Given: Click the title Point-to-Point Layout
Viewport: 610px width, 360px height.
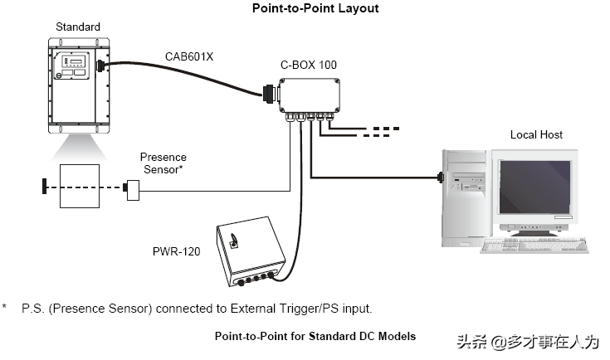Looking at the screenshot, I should [305, 8].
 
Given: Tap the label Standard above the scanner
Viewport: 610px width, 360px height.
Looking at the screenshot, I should [77, 27].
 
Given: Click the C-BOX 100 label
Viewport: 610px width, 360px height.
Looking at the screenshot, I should [308, 65].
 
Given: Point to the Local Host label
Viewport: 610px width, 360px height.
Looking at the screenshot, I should [536, 134].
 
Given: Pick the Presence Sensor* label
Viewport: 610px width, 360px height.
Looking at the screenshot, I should [163, 163].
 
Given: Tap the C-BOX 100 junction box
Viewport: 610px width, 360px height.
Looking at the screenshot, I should [310, 95].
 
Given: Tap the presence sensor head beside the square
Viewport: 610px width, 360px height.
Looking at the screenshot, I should [131, 190].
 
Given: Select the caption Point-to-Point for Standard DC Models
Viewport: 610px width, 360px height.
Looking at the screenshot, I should [315, 336].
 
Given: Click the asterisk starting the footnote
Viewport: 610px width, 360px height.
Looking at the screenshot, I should [5, 309].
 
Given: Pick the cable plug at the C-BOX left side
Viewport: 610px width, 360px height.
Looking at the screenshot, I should [271, 95].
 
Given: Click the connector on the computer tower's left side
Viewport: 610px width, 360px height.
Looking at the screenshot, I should [442, 177].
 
